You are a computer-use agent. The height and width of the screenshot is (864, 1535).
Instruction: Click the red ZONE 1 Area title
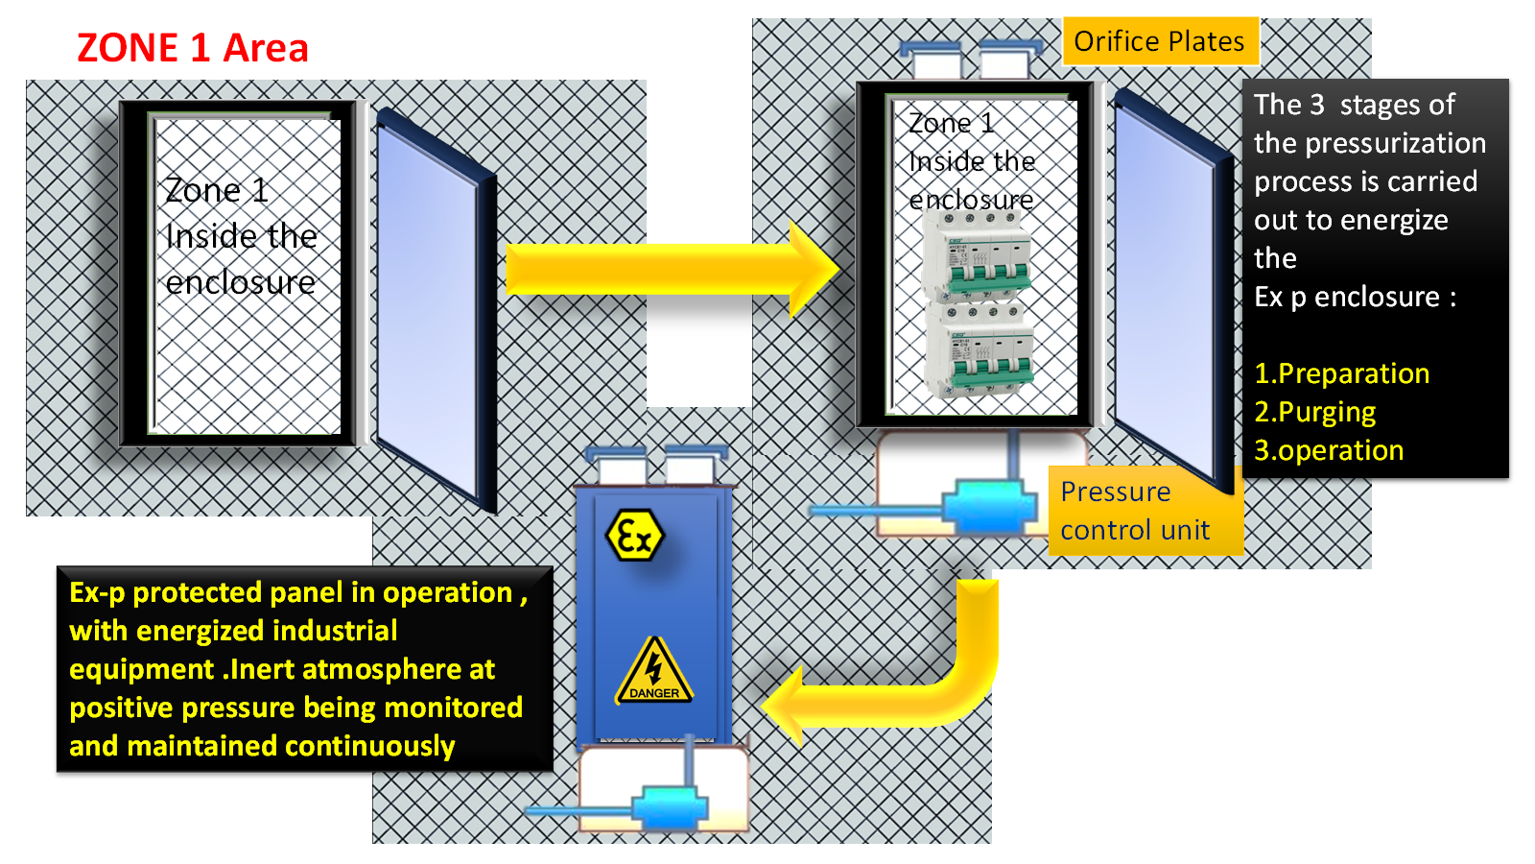coord(192,48)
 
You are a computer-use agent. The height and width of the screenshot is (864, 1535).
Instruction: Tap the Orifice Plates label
coord(1159,41)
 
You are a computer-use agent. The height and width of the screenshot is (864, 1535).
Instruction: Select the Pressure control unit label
coord(1135,511)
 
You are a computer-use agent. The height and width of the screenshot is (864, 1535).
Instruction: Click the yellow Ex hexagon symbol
coord(634,536)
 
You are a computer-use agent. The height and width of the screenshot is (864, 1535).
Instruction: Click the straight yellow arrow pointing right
coord(672,270)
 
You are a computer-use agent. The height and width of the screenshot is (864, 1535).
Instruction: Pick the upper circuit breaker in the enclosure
coord(977,254)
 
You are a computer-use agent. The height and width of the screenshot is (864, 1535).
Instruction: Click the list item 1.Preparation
coord(1341,373)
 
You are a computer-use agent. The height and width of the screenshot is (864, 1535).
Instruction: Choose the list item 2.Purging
coord(1314,412)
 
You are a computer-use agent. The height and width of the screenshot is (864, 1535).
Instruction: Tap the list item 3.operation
coord(1329,450)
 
